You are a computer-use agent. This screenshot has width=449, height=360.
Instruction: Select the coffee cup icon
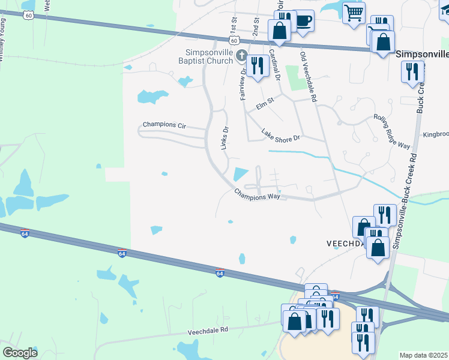(x=304, y=20)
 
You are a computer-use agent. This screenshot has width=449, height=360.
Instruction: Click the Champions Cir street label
(x=164, y=125)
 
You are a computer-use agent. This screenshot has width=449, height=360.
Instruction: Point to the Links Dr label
(x=226, y=138)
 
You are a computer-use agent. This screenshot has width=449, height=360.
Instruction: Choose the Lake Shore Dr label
(x=280, y=136)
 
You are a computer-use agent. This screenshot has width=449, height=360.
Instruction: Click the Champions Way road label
(x=258, y=195)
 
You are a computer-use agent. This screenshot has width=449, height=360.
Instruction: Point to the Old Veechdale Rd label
(x=308, y=76)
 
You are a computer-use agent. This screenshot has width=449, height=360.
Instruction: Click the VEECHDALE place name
(x=345, y=244)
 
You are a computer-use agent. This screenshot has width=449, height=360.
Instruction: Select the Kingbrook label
(x=435, y=135)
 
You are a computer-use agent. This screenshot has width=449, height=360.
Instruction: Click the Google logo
(x=20, y=353)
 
